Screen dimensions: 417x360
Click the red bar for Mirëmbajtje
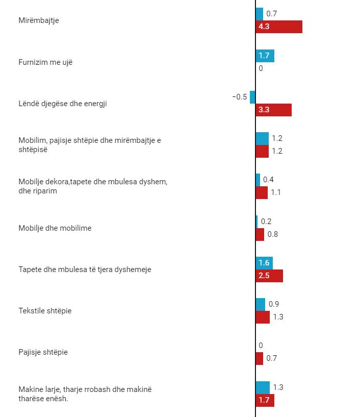click(279, 27)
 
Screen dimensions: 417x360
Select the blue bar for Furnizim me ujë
click(265, 56)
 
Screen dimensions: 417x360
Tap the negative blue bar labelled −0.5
click(252, 97)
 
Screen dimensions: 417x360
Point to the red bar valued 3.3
click(274, 110)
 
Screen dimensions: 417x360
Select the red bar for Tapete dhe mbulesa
click(269, 276)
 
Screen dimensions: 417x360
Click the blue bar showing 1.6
click(264, 263)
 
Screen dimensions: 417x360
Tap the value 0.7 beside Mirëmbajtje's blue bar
click(272, 14)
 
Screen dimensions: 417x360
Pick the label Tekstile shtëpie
click(45, 311)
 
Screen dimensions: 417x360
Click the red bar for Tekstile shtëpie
click(263, 317)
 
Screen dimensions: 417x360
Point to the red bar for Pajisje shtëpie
click(260, 359)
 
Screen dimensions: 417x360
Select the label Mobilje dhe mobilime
click(55, 228)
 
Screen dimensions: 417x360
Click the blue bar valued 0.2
click(257, 222)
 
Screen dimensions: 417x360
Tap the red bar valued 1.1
click(262, 193)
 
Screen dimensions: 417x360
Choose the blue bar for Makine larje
click(263, 387)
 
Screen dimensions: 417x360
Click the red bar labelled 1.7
click(265, 400)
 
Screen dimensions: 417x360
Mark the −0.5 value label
click(239, 97)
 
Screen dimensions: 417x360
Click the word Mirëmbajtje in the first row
click(39, 20)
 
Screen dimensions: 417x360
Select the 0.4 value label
click(268, 180)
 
